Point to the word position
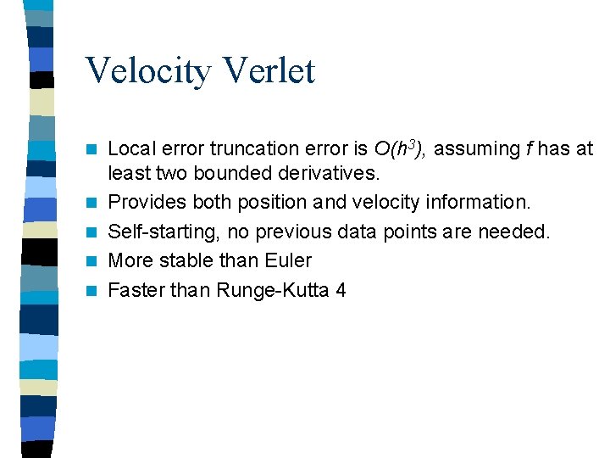point(262,203)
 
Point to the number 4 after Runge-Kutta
point(341,289)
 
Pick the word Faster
point(137,289)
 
